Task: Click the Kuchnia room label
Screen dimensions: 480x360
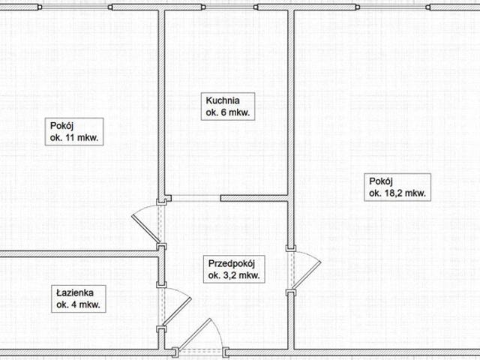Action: pos(228,106)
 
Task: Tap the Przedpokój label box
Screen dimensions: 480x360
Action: pos(234,269)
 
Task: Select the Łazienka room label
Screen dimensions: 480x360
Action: pos(78,298)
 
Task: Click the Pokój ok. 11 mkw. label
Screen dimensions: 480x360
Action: pos(74,132)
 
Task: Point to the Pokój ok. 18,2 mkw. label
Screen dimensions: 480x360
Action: pos(397,187)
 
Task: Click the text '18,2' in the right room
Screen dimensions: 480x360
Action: pos(391,193)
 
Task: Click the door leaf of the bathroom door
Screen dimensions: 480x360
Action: pos(177,312)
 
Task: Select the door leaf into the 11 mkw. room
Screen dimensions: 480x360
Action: pos(145,229)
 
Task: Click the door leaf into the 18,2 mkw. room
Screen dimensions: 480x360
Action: pos(307,274)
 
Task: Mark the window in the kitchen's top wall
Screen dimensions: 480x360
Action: pos(229,7)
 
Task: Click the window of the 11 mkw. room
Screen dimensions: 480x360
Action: pos(75,7)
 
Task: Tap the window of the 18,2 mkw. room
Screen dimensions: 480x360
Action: pos(393,7)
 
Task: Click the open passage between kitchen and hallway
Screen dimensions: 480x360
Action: pos(196,198)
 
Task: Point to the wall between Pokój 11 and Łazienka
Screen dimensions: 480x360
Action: pos(79,253)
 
